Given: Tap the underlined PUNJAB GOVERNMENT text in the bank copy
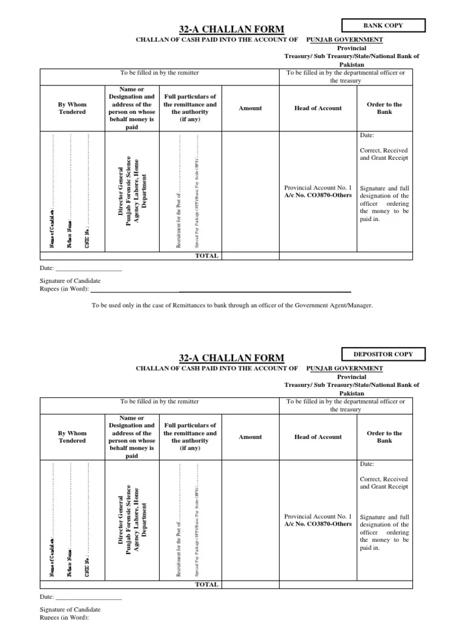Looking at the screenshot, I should [345, 39].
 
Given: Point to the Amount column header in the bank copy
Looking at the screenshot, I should [250, 108].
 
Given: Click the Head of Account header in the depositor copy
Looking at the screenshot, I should [318, 437].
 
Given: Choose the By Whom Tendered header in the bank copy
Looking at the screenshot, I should [72, 108].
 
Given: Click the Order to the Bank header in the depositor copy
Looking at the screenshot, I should [384, 437].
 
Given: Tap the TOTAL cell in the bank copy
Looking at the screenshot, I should [206, 256].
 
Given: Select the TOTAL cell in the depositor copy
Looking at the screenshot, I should [206, 585].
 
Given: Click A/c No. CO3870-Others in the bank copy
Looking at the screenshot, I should [318, 195].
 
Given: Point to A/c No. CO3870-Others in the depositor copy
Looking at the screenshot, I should [318, 524].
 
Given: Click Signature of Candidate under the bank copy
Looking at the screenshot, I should [70, 281].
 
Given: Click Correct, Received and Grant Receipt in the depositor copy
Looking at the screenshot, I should [384, 483].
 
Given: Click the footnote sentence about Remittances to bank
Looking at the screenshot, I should [232, 305].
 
